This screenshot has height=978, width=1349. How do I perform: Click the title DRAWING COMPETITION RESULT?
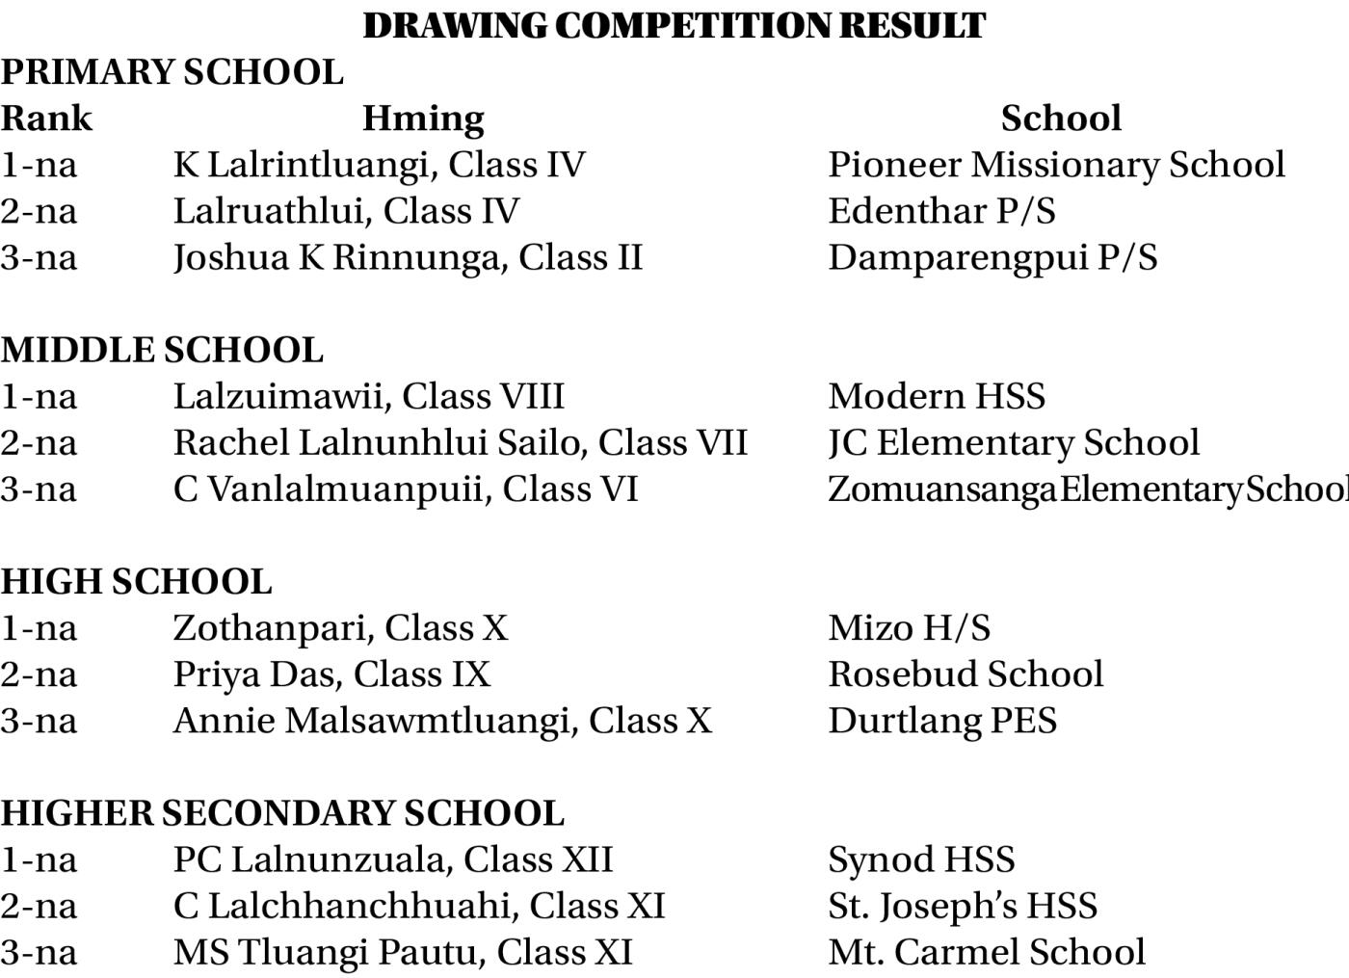click(674, 26)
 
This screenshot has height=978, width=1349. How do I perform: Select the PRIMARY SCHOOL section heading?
click(172, 72)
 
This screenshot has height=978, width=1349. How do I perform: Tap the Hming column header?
click(423, 119)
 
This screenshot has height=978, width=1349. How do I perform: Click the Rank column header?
click(46, 119)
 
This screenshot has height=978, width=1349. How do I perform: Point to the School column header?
click(1061, 119)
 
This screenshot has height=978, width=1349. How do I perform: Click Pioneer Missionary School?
click(1056, 165)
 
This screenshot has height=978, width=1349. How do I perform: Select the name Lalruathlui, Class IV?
click(346, 211)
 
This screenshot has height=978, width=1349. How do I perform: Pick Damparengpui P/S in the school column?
click(992, 257)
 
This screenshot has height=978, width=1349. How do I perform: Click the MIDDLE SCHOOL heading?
click(162, 350)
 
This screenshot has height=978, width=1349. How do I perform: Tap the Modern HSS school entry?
click(937, 396)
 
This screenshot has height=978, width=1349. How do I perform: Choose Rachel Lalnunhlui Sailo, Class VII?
click(460, 442)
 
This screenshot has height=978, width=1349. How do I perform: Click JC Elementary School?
click(1014, 442)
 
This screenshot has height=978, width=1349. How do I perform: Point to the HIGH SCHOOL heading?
click(136, 582)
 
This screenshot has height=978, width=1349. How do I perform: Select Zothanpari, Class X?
click(340, 628)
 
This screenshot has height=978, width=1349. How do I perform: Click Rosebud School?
click(965, 674)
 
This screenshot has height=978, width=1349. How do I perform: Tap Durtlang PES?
click(942, 721)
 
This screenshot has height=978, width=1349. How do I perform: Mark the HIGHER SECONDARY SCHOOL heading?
click(282, 813)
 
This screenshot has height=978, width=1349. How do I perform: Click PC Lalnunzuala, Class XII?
click(393, 859)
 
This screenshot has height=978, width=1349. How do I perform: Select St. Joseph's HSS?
click(963, 906)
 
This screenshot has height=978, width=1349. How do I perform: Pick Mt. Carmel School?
click(987, 952)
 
